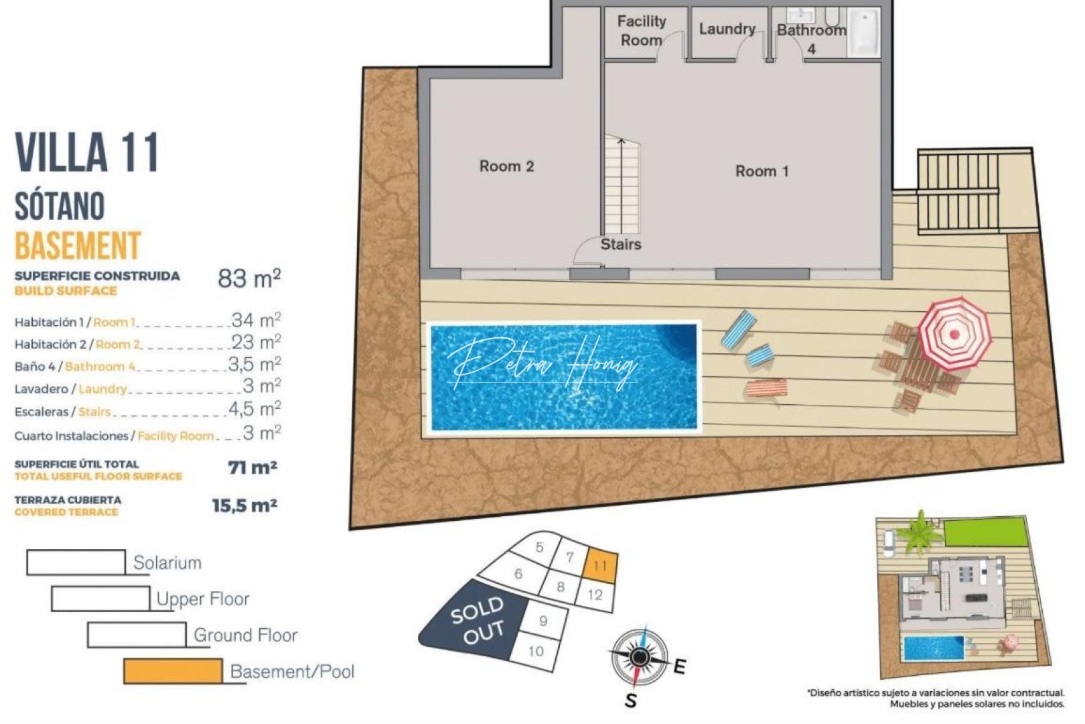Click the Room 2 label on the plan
506,166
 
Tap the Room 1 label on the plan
762,171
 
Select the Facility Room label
641,31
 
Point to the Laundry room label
727,29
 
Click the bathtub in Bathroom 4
864,32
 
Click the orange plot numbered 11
600,565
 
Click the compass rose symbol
640,657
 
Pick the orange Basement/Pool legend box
173,671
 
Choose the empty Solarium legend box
76,562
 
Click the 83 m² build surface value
248,278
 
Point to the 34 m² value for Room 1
256,320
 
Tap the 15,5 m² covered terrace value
244,505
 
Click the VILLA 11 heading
87,153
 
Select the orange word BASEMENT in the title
78,245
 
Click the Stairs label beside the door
620,244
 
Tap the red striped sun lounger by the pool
767,388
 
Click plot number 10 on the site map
535,651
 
